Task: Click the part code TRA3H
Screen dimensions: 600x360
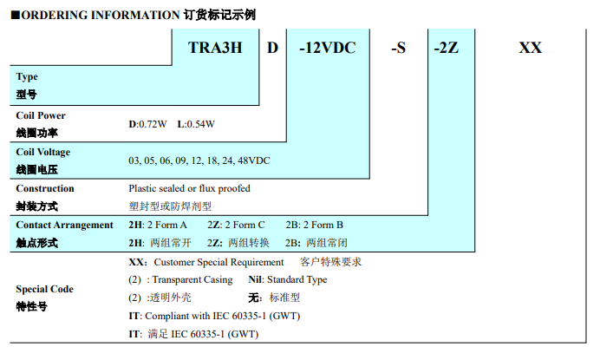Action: coord(215,48)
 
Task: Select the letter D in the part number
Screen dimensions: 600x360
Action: coord(272,48)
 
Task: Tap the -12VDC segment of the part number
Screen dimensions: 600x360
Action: coord(328,48)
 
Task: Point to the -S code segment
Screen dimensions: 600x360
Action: coord(398,48)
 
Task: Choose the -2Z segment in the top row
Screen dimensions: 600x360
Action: coord(447,48)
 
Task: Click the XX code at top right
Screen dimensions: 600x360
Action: coord(531,48)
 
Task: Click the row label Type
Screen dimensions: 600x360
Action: coord(27,77)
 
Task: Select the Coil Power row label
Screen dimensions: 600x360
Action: coord(41,115)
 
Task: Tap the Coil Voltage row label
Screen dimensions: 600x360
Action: coord(43,152)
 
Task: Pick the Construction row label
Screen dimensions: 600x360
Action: coord(45,188)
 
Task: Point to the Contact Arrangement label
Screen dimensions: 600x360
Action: coord(65,225)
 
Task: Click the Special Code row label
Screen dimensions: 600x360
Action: coord(45,289)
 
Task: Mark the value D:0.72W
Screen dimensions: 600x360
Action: coord(147,124)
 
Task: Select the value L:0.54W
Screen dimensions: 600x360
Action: coord(196,124)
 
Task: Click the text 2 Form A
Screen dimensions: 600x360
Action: coord(167,225)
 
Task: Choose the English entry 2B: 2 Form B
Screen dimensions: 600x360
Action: coord(314,225)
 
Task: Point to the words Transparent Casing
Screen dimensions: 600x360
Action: coord(192,279)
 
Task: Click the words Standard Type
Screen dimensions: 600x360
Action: coord(297,279)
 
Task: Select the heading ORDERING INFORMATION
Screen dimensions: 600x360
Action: coord(101,15)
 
